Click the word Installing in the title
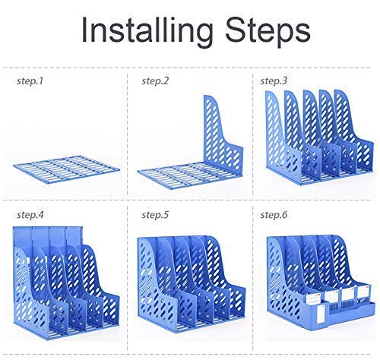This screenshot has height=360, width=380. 147,30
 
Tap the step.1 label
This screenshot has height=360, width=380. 30,81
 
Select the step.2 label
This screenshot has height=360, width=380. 155,81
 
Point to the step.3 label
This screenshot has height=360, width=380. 274,81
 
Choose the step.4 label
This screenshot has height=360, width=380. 30,215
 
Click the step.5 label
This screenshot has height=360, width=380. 155,215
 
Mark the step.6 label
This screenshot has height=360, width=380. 274,215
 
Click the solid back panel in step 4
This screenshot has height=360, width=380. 48,237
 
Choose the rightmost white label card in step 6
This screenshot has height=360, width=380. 364,291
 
